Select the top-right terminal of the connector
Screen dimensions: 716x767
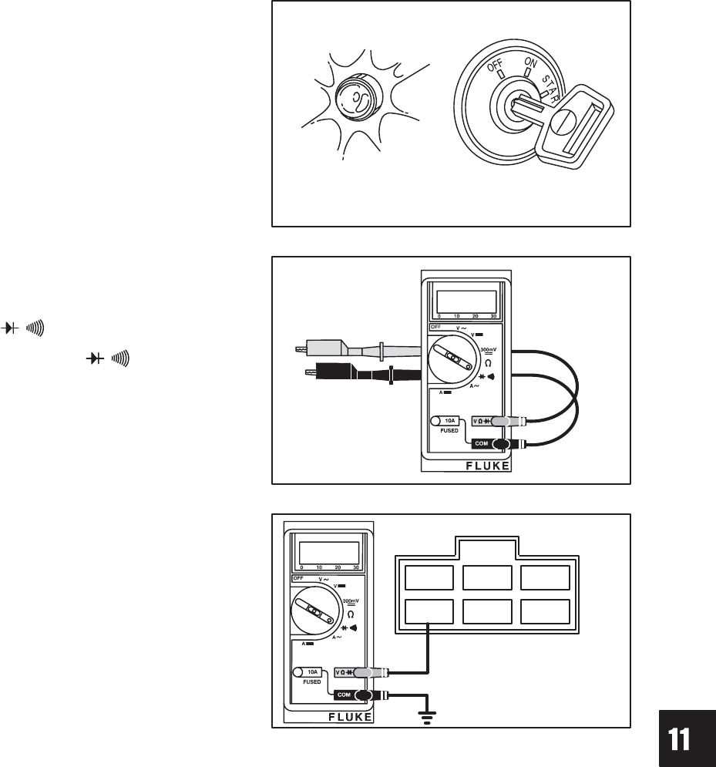point(546,577)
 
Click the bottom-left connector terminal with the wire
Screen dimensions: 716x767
point(429,612)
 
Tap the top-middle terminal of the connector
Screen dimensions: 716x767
point(487,577)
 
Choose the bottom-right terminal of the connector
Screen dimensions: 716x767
point(546,612)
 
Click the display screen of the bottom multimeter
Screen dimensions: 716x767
point(329,552)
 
